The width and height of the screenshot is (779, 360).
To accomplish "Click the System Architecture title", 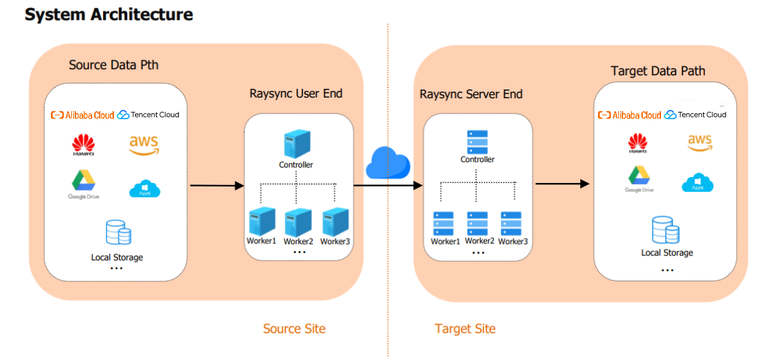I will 108,14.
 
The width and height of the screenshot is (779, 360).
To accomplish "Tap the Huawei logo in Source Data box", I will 83,145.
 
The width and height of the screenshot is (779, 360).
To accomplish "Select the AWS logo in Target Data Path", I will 699,142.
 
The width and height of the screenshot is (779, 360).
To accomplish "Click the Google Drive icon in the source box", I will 83,181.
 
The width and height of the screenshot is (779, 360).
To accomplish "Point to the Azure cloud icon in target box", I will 698,183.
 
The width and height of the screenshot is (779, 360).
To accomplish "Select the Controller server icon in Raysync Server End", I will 477,142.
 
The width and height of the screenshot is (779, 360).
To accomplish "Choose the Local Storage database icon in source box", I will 118,233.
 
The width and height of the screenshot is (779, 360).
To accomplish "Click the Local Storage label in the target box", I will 667,253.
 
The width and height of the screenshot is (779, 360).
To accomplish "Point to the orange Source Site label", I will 294,329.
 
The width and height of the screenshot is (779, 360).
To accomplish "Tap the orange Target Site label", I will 465,329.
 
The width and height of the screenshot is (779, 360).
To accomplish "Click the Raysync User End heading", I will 296,94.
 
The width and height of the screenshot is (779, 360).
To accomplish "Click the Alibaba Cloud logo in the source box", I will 83,115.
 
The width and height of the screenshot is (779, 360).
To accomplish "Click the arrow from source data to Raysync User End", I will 216,185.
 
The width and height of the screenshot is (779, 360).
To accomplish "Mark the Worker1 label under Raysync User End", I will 261,241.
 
